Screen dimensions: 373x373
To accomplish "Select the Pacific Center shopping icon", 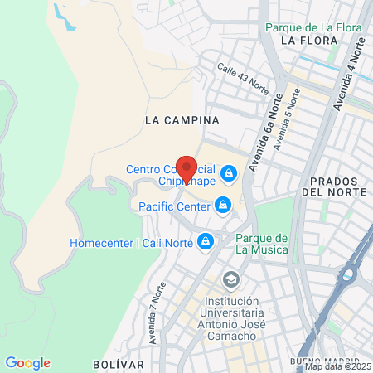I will [222, 205].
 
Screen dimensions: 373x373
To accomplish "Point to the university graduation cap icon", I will [230, 278].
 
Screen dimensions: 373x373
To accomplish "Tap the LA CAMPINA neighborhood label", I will [182, 119].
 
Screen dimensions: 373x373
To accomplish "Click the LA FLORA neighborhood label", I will [309, 40].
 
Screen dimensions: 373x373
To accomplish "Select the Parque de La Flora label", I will [314, 27].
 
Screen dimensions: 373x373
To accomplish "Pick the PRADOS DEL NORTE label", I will [334, 186].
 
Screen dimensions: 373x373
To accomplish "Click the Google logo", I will [27, 363].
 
